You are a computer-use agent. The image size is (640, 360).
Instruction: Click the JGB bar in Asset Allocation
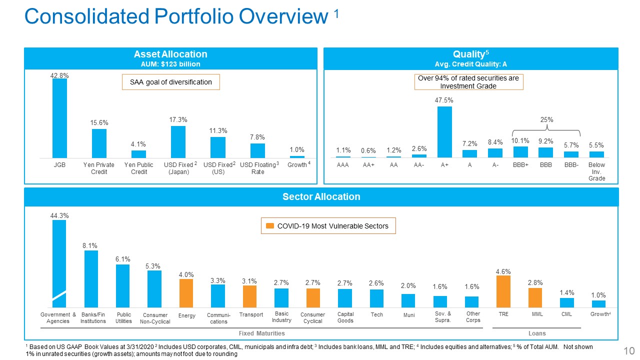click(59, 118)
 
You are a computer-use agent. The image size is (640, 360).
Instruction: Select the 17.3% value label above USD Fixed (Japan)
click(178, 119)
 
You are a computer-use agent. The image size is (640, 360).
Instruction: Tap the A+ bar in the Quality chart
click(444, 132)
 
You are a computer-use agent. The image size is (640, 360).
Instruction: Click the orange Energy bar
click(186, 293)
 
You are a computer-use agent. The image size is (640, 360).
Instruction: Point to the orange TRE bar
click(503, 291)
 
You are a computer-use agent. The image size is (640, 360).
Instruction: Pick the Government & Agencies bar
click(59, 263)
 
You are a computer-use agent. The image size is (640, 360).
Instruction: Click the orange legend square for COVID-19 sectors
click(270, 226)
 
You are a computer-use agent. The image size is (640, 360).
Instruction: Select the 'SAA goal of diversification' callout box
click(171, 82)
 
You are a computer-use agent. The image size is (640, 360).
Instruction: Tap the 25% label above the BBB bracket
click(546, 119)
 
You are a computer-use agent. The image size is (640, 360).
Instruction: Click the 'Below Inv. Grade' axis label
click(596, 171)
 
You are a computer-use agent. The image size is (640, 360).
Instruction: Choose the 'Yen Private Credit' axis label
click(99, 168)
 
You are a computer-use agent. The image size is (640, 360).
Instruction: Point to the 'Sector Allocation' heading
click(321, 196)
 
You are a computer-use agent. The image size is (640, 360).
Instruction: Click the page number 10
click(629, 351)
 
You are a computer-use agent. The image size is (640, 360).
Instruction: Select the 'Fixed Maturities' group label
click(261, 333)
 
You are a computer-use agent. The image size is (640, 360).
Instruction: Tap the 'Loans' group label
click(537, 333)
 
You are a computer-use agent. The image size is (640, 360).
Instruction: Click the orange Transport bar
click(249, 296)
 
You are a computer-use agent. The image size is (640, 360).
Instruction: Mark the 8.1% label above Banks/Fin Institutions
click(89, 245)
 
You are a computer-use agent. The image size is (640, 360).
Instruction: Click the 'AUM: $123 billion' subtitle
click(170, 64)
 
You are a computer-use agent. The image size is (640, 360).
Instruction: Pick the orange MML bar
click(535, 297)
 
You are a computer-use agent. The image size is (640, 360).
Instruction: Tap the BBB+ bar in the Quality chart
click(520, 152)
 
